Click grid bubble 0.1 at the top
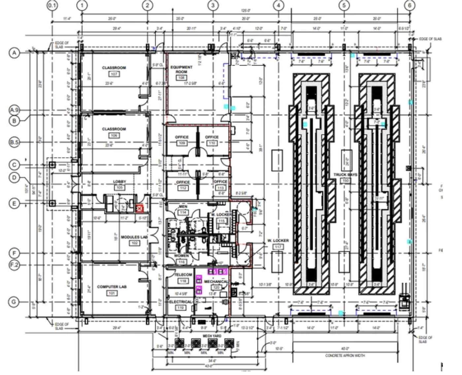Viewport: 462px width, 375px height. (52, 5)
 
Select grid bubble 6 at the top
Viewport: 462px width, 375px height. (410, 5)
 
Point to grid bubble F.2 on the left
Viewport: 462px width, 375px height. (14, 265)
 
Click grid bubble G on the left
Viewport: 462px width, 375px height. (14, 302)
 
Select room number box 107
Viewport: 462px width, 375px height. (114, 74)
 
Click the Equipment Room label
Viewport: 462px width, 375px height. (181, 69)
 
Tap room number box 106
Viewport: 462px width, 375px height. (114, 135)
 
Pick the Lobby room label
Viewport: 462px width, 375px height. (119, 182)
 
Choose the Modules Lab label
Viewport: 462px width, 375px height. (134, 237)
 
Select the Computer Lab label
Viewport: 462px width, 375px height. (112, 287)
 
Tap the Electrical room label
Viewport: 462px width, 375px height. (180, 302)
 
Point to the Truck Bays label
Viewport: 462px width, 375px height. (345, 175)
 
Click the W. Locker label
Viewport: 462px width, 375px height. (278, 241)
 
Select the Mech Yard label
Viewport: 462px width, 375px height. (212, 336)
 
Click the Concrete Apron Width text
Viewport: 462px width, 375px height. (345, 356)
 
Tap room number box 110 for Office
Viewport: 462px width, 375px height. (212, 143)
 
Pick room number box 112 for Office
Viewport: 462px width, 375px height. (183, 188)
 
